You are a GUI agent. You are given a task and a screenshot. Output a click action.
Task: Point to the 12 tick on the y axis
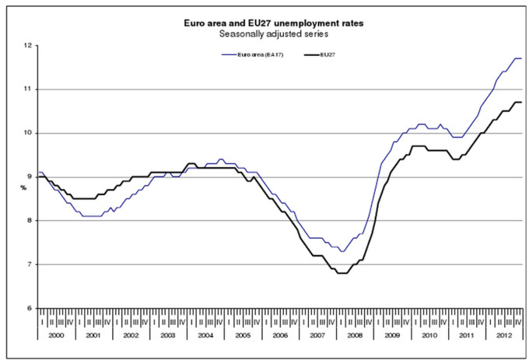point(28,46)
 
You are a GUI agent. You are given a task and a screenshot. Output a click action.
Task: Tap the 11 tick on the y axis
point(28,89)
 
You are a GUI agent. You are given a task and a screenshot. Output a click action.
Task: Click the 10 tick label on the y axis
point(28,133)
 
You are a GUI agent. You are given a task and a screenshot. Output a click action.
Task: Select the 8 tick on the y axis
point(30,221)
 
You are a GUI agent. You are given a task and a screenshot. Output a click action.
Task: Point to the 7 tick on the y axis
point(30,264)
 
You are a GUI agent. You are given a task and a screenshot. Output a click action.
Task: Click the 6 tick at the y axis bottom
point(30,308)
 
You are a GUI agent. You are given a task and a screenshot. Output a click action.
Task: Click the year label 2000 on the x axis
point(57,334)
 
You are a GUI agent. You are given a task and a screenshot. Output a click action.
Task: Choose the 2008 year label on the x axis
point(355,334)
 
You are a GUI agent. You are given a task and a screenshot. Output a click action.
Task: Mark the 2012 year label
point(503,334)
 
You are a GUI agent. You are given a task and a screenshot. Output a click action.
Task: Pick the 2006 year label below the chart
point(280,334)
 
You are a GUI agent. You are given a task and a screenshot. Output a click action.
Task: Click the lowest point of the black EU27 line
point(342,273)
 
